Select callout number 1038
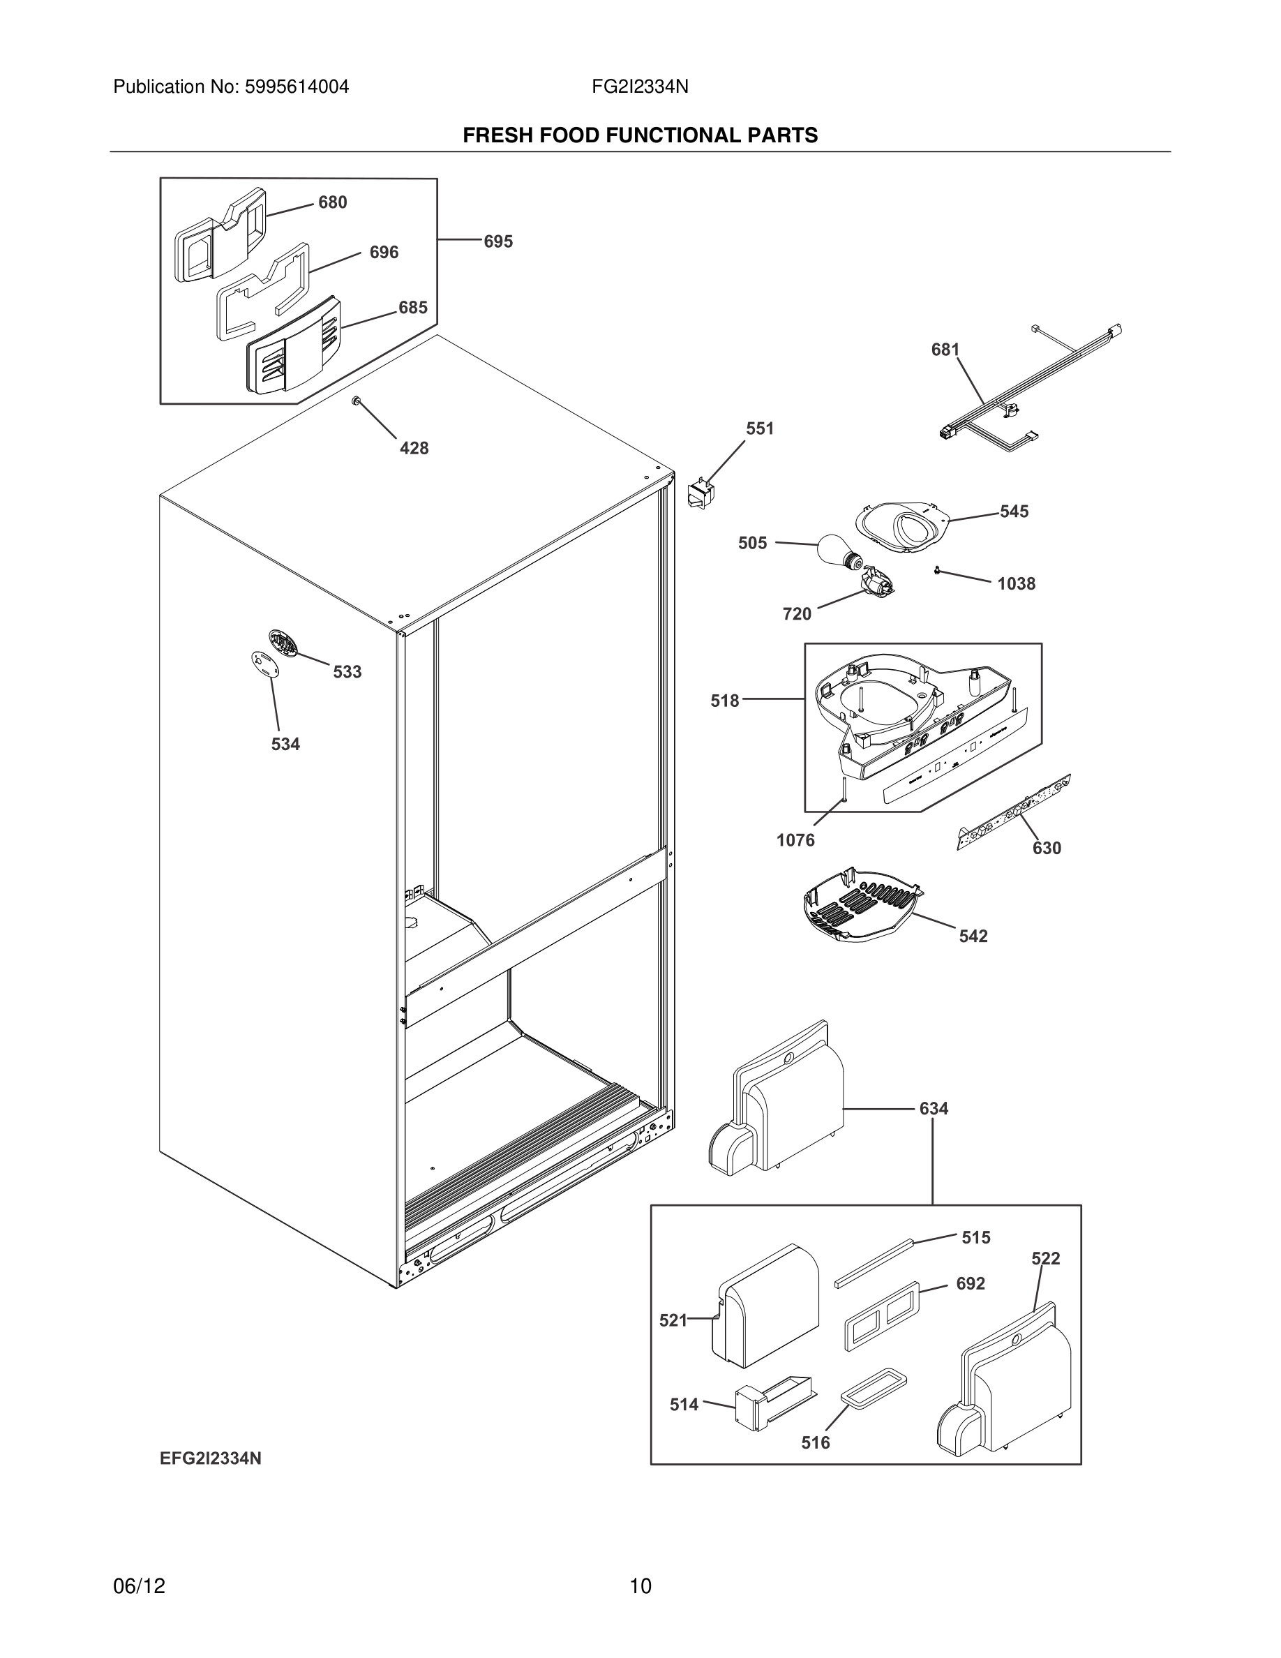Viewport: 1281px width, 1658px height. coord(1015,584)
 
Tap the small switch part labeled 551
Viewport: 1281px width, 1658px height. coord(701,493)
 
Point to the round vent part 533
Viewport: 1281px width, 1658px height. coord(283,644)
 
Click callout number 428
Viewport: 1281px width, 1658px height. coord(414,449)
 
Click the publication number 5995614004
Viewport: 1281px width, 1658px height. coord(296,87)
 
